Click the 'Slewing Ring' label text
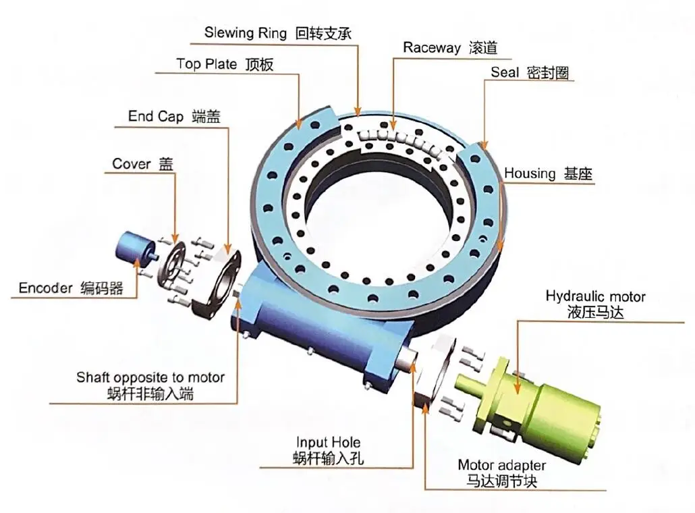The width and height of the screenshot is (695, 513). coord(245,33)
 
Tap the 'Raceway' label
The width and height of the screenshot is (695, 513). coord(432,47)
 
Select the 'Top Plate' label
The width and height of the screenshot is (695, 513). coord(206,64)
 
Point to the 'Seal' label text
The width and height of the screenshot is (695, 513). coord(505,72)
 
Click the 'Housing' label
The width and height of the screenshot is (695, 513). coord(530,173)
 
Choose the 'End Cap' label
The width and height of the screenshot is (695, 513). coord(156,116)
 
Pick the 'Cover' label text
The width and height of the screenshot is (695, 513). coord(132,163)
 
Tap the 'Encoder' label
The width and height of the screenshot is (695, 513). coord(45,288)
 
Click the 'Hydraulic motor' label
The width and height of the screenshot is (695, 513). coord(595,296)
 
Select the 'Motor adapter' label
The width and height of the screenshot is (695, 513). coord(501,465)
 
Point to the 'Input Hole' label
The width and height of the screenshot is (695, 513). coord(328,442)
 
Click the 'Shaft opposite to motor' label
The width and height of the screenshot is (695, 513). coord(150,377)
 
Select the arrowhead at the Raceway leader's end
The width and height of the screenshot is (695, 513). coord(393,125)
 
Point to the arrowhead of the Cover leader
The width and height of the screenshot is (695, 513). coord(175,237)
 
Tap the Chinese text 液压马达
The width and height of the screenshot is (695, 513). coord(595,312)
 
